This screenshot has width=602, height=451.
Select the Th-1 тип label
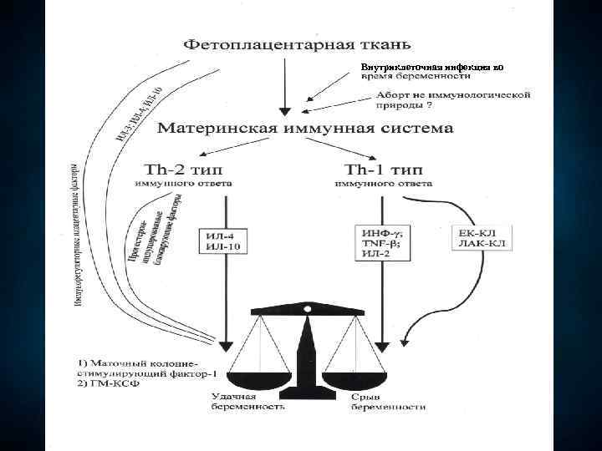click(x=383, y=167)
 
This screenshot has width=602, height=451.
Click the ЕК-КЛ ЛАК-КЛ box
click(x=483, y=236)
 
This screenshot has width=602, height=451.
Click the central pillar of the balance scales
click(x=306, y=351)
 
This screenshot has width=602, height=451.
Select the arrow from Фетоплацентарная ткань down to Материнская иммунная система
click(x=285, y=84)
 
